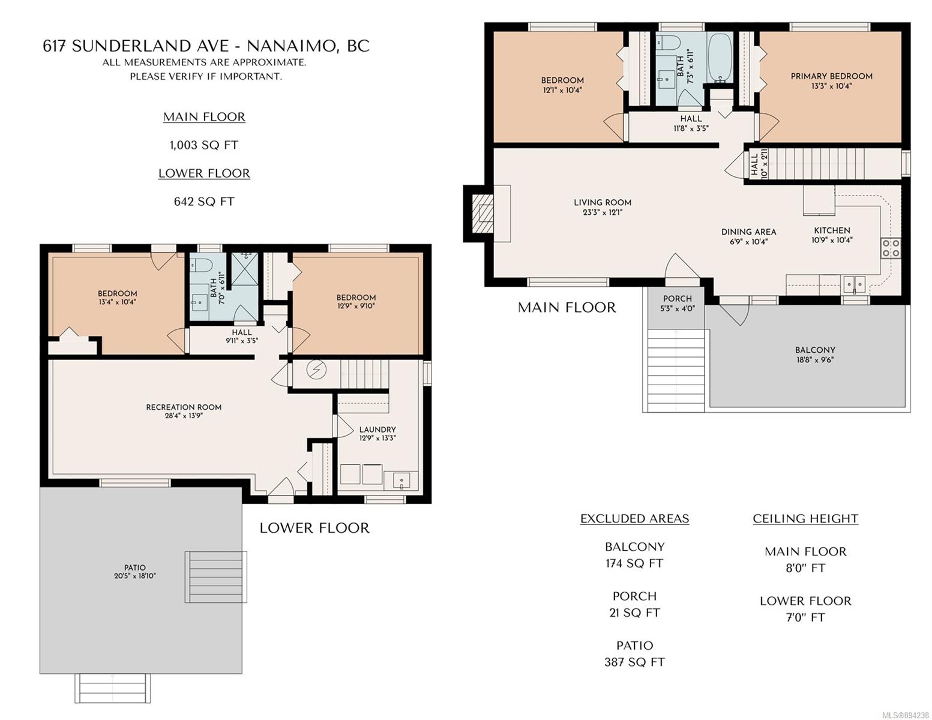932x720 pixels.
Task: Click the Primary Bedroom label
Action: tap(831, 76)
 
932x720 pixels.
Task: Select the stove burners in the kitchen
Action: tap(891, 248)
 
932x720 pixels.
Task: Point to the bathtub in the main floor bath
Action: tap(720, 58)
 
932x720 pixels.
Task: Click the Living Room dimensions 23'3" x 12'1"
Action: tap(602, 212)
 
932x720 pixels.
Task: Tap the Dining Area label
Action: tap(748, 232)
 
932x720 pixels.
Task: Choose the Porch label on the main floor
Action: tap(677, 298)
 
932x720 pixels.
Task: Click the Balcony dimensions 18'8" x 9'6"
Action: tap(815, 360)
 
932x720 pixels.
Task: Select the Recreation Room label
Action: tap(184, 407)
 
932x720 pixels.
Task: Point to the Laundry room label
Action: tap(377, 429)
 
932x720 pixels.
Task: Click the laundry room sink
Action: tap(401, 481)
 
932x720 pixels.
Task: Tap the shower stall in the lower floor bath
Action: tap(245, 269)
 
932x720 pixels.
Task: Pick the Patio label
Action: tap(134, 568)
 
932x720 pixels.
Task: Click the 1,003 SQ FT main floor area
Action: tap(203, 145)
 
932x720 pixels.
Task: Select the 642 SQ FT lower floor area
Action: tap(203, 202)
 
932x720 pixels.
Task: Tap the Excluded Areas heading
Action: tap(634, 518)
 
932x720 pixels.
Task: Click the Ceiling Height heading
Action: tap(805, 518)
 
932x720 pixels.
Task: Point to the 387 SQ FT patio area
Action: tap(634, 662)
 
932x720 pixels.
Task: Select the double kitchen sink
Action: tap(855, 284)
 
